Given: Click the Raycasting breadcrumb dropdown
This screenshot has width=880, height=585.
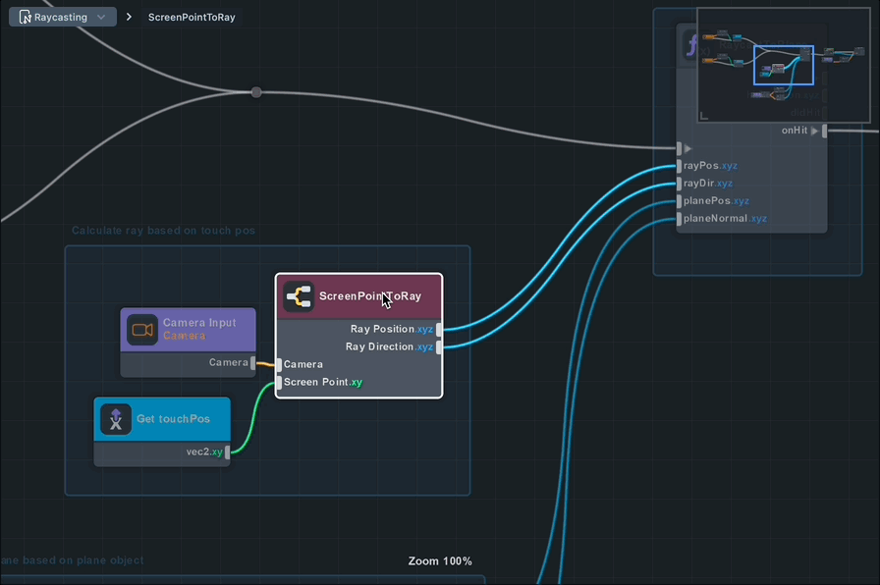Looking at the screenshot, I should click(63, 17).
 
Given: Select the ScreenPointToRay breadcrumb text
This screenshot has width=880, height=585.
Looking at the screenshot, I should click(192, 18).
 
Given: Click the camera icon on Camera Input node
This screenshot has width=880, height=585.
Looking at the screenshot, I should click(142, 330).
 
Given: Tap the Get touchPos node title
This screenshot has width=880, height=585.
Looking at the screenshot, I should click(173, 419).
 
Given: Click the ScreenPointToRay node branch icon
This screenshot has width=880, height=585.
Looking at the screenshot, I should click(299, 296).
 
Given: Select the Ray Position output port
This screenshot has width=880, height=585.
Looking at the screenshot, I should click(439, 330).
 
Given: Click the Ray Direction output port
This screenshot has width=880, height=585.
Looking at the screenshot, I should click(439, 347).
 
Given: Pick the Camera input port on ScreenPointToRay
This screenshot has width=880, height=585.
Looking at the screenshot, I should click(279, 364).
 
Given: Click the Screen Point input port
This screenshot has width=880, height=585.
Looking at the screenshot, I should click(279, 382).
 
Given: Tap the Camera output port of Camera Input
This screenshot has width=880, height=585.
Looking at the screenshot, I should click(253, 362).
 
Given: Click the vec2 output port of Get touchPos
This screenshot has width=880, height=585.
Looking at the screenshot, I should click(228, 452).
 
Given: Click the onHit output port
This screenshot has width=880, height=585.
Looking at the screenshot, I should click(825, 131).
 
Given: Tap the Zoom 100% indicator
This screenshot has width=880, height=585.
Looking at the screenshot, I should click(440, 561).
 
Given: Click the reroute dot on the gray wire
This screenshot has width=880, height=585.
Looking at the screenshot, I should click(256, 92).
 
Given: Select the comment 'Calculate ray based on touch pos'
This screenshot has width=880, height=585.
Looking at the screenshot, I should click(163, 231).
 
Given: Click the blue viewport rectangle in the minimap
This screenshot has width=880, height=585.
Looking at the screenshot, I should click(783, 65).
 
